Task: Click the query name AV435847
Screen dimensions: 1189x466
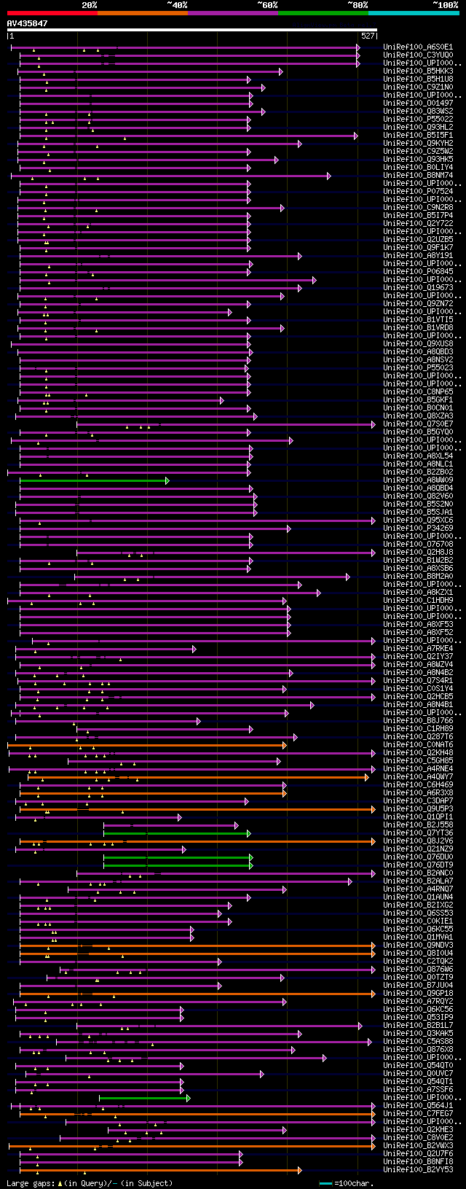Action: click(x=27, y=23)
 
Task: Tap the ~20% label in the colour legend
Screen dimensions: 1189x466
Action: click(x=89, y=5)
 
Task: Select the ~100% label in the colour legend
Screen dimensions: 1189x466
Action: click(x=445, y=5)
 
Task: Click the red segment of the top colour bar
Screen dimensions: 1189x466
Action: click(x=52, y=12)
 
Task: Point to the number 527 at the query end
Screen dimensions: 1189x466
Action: click(x=367, y=35)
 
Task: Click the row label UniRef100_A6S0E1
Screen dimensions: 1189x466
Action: click(x=418, y=47)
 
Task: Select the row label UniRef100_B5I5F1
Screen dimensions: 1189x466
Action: click(x=418, y=136)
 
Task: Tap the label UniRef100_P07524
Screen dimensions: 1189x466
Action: click(x=418, y=192)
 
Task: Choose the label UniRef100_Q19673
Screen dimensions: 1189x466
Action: click(x=418, y=288)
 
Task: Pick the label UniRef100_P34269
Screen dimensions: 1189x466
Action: click(x=418, y=529)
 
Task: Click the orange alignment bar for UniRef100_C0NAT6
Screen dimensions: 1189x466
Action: click(x=146, y=745)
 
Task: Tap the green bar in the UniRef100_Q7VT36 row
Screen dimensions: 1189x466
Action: click(x=175, y=833)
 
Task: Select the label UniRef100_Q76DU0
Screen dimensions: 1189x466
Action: click(x=418, y=857)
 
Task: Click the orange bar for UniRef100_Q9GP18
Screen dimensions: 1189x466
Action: click(x=197, y=994)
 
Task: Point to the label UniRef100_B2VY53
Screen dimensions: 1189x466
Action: click(x=418, y=1170)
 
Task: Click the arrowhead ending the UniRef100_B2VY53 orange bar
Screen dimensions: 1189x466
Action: click(x=299, y=1170)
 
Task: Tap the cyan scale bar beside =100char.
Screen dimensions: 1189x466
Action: click(x=325, y=1183)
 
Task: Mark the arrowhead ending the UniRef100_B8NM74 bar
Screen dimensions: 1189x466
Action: click(x=328, y=176)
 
